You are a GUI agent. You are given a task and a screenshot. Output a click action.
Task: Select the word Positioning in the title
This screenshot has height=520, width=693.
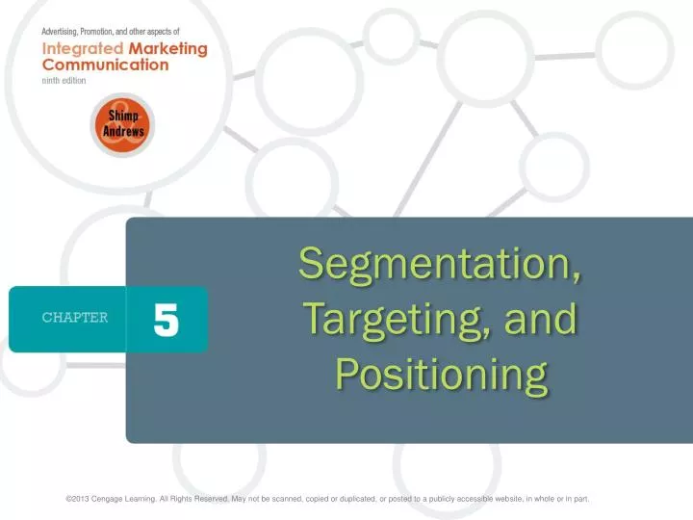pos(441,373)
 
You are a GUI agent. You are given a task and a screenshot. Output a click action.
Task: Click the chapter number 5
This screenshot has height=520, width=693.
pos(166,318)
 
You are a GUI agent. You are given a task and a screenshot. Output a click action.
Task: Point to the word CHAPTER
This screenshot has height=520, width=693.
pos(74,318)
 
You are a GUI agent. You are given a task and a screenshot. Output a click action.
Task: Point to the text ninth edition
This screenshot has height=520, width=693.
pos(64,81)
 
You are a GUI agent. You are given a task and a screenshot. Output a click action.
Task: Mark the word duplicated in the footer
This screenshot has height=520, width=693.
pos(351,499)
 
